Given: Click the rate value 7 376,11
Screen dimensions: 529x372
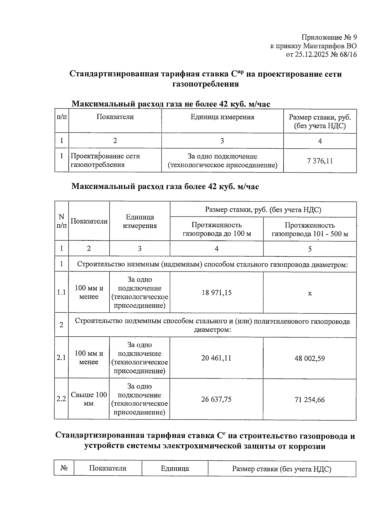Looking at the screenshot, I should tap(320, 161).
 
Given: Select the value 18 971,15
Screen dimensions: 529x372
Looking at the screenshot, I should tap(216, 293).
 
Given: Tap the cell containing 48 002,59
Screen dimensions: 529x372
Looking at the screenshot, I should tap(309, 358).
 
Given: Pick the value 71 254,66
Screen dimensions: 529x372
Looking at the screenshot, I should tap(309, 400).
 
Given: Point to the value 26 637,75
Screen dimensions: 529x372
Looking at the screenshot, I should tap(216, 399).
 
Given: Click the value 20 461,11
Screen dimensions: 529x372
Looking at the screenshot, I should tap(216, 358).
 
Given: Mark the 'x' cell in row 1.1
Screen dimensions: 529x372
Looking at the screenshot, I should tap(310, 293).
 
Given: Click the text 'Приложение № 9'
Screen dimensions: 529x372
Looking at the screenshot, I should tap(329, 38).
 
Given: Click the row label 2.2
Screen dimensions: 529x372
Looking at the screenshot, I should tap(61, 399).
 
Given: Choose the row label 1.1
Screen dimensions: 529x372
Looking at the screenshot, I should tap(61, 292).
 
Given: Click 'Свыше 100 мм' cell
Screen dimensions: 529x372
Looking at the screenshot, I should tap(89, 399).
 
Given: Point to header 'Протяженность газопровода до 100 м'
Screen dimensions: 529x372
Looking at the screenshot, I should tap(216, 229).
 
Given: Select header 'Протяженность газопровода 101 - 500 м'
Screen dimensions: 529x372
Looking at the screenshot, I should tap(309, 229).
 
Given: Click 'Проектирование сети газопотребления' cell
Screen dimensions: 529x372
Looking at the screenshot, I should tap(105, 160).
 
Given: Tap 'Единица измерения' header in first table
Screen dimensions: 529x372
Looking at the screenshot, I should tap(222, 117).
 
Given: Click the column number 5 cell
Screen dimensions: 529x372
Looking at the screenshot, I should tap(310, 249).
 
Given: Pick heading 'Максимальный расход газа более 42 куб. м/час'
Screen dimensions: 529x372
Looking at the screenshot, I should tap(165, 186).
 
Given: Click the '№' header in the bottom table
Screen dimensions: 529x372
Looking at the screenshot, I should tap(64, 468).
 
